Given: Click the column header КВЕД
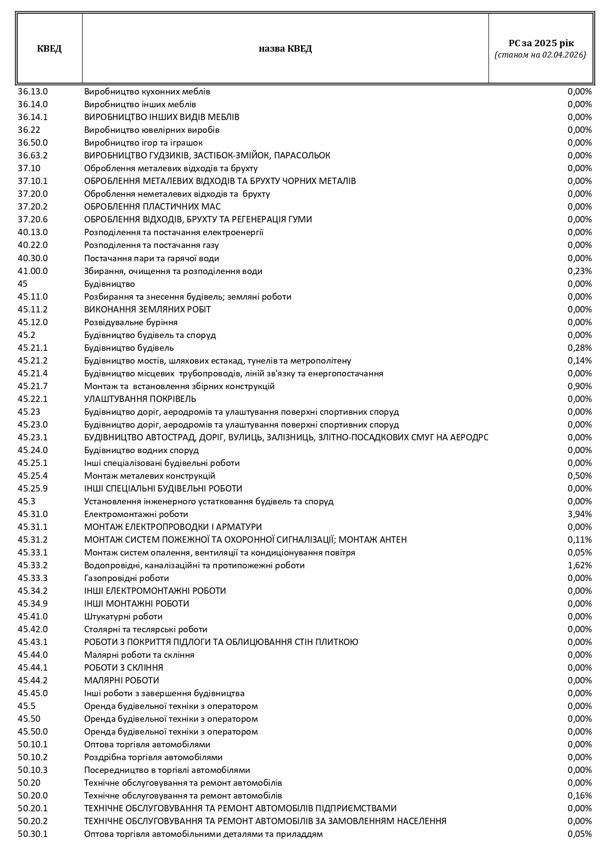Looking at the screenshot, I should click(49, 49).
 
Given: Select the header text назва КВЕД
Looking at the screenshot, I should click(285, 49).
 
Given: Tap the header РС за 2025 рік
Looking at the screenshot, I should click(541, 43).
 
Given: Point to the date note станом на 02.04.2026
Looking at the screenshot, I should click(541, 55).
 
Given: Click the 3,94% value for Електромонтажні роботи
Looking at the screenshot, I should click(579, 514).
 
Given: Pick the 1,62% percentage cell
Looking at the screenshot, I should click(579, 565).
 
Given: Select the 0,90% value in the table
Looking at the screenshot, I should click(579, 386).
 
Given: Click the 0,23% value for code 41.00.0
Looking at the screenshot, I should click(579, 271).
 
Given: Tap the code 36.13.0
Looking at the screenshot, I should click(33, 92).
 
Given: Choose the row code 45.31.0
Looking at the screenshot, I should click(33, 514).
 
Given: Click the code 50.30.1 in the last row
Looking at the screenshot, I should click(33, 834).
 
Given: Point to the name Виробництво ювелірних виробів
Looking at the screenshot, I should click(152, 130).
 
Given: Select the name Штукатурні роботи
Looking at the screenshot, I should click(123, 616).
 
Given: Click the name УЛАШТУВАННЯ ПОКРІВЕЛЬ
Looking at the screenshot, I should click(140, 399).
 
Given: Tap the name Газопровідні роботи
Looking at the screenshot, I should click(126, 578).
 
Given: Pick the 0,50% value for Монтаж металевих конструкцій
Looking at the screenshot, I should click(579, 476).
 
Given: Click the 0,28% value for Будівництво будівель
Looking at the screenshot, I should click(579, 348).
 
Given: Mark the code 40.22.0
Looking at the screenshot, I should click(33, 245).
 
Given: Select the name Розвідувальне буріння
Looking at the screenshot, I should click(131, 322).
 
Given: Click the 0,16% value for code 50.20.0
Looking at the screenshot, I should click(579, 796).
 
